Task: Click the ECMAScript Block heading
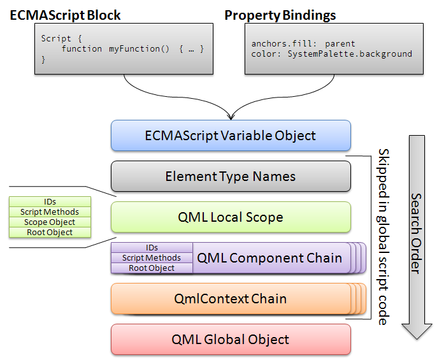(65, 15)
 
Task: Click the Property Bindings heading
(280, 15)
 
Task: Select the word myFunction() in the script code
(139, 49)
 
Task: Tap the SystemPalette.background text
(350, 54)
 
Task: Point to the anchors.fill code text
(283, 43)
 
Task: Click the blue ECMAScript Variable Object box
(231, 136)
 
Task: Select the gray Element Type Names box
(231, 176)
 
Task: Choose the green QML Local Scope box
(231, 217)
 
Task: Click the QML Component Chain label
(269, 258)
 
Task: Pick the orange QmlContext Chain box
(231, 299)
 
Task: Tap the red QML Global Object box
(231, 340)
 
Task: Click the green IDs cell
(50, 201)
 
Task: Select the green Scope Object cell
(50, 222)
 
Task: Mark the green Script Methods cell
(50, 212)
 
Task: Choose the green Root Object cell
(50, 233)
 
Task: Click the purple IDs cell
(152, 248)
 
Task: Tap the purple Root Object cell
(152, 268)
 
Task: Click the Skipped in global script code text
(383, 237)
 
